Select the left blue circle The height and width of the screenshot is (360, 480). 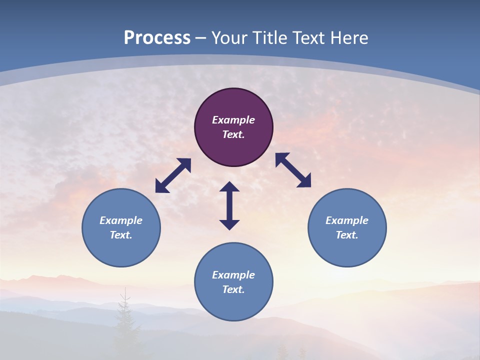121,245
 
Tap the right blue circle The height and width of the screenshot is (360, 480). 347,245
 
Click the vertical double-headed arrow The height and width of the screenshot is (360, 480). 229,206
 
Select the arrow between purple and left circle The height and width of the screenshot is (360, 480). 173,175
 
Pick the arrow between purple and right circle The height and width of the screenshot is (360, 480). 293,170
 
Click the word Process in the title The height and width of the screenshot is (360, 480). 157,38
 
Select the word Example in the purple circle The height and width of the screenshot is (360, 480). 233,120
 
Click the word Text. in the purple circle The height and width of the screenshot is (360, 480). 233,134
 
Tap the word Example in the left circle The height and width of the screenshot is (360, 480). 121,220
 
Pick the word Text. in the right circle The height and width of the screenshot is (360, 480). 347,235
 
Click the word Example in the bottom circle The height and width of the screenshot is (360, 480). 233,275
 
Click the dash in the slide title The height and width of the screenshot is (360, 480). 201,38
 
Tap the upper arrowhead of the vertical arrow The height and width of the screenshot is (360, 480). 229,187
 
